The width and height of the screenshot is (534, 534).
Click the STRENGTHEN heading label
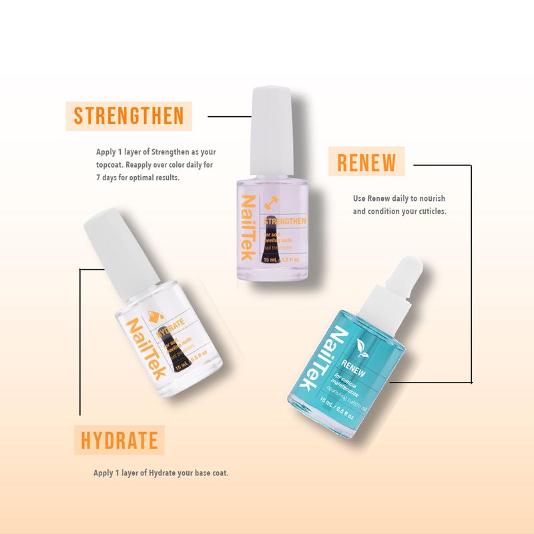[129, 115]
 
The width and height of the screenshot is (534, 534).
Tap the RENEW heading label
[366, 162]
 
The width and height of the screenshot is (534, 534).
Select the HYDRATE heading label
[119, 441]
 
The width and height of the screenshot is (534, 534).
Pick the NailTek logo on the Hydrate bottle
[146, 347]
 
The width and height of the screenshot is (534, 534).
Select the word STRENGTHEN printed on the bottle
[285, 221]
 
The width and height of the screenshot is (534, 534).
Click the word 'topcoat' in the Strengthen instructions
[109, 165]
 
